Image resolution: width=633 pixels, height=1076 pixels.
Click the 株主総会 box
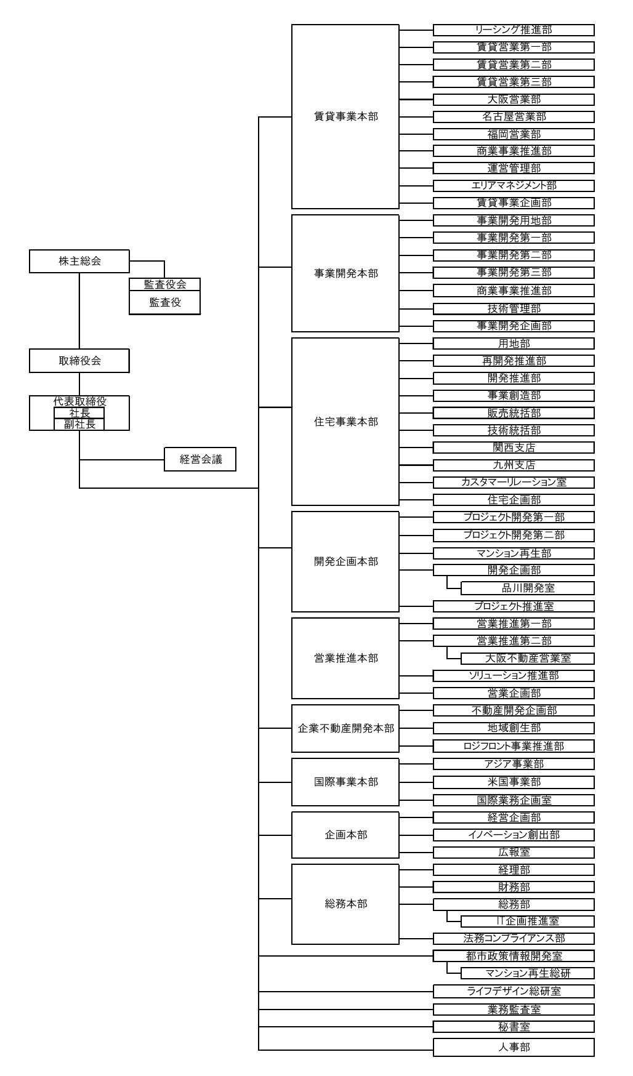(x=79, y=261)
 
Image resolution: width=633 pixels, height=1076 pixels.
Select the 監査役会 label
(x=164, y=284)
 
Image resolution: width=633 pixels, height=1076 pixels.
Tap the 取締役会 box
(x=79, y=361)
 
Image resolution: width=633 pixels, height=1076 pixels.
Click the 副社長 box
(x=79, y=424)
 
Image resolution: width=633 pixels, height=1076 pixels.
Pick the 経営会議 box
(x=200, y=459)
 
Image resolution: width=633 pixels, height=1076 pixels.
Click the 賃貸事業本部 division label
(x=346, y=116)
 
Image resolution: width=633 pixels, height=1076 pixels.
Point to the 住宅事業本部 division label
(x=346, y=422)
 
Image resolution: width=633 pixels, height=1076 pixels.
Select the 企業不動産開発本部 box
(x=345, y=728)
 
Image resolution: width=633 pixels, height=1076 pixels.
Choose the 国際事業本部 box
(x=345, y=782)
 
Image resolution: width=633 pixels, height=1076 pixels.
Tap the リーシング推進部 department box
(x=514, y=30)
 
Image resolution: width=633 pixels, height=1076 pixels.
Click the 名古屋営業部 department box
(x=514, y=116)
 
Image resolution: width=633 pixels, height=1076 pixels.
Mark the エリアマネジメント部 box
(x=514, y=185)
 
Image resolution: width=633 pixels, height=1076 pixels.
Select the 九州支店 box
(x=514, y=465)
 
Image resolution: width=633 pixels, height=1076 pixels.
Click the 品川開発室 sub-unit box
(x=528, y=588)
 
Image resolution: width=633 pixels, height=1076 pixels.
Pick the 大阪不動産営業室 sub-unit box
(x=528, y=658)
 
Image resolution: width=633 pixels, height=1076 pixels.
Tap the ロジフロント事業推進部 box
(x=514, y=746)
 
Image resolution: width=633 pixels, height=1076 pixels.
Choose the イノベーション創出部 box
(x=514, y=835)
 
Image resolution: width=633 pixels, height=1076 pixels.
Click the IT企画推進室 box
(x=528, y=921)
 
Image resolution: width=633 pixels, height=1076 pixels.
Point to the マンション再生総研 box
(x=528, y=973)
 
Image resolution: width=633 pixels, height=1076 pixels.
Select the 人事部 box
(x=514, y=1047)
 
